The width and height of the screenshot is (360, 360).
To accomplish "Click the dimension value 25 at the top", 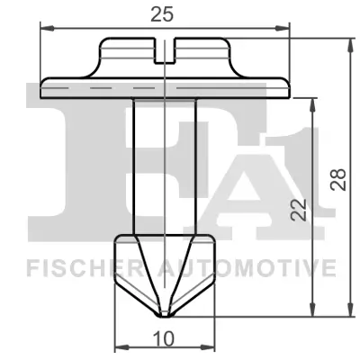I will point(164,13).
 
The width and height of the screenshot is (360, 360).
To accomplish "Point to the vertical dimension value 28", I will point(337,180).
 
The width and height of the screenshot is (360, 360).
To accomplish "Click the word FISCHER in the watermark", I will point(77,267).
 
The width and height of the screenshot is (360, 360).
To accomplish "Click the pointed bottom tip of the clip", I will point(164,315).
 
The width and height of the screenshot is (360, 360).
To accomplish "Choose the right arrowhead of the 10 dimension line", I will point(210,347).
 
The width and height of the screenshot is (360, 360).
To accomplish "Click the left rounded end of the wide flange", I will point(44,87).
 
